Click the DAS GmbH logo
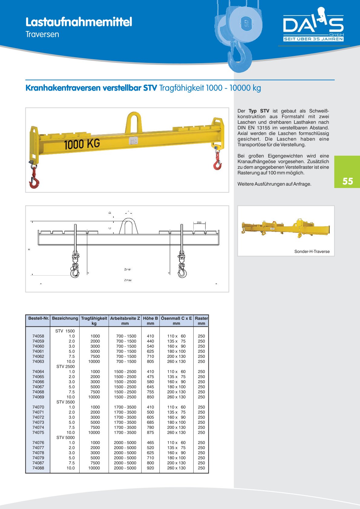point(313,26)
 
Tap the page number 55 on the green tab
point(348,181)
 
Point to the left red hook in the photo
point(34,180)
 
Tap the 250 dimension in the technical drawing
point(199,223)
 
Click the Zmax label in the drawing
point(128,280)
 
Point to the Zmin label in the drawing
point(128,269)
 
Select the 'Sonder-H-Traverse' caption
point(312,251)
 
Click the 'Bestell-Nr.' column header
point(38,318)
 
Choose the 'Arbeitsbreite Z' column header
point(125,318)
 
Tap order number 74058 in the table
point(38,336)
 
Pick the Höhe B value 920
point(150,468)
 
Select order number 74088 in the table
point(38,468)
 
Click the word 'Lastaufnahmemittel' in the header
point(79,22)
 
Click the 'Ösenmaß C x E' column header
point(176,318)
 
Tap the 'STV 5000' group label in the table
point(65,437)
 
